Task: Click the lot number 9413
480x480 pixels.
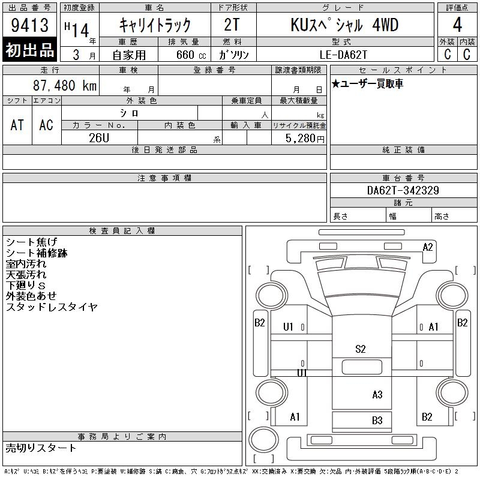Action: tap(29, 25)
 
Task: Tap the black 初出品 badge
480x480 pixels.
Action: tap(29, 49)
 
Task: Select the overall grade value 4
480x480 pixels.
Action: tap(457, 25)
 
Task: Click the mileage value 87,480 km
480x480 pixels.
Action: tap(65, 85)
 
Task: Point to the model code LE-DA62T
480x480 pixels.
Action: tap(343, 55)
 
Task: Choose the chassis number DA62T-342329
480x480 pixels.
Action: tap(403, 190)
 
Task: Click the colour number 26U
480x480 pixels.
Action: tap(99, 138)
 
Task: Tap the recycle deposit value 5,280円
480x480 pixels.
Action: tap(305, 139)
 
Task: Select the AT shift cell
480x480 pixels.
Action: tap(17, 125)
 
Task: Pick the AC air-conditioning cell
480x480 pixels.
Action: tap(46, 125)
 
